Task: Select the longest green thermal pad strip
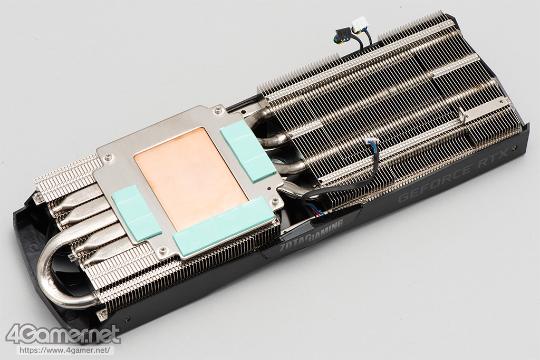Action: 224,225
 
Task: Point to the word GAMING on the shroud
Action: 326,228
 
